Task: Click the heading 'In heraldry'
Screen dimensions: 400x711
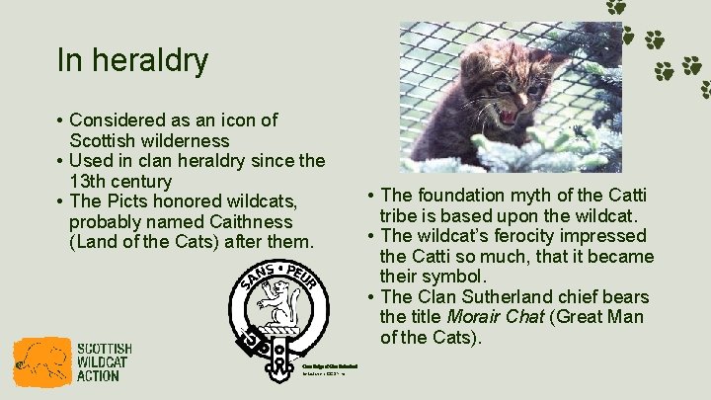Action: tap(132, 60)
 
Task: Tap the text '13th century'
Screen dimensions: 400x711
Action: tap(120, 182)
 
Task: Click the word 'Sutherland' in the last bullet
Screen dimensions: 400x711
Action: tap(518, 297)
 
